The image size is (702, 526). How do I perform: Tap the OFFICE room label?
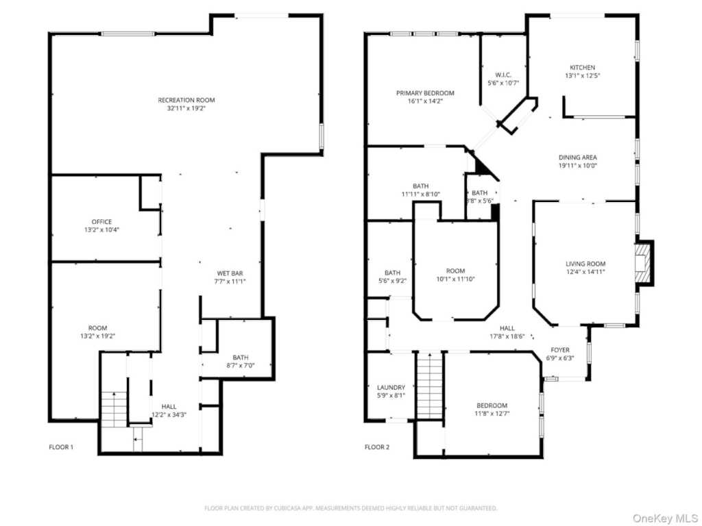101,222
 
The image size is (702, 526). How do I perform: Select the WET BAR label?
230,273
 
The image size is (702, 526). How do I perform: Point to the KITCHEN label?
582,68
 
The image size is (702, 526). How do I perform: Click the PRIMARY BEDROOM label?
425,93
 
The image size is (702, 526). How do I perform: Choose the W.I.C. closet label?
503,75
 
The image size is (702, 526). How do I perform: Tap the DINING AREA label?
577,158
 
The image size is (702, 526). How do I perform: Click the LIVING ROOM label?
585,264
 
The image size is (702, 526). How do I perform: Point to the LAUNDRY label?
391,388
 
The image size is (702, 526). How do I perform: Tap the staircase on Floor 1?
114,410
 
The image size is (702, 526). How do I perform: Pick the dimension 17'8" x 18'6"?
507,336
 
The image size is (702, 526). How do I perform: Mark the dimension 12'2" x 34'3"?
169,414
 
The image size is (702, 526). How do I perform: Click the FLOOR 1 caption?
61,447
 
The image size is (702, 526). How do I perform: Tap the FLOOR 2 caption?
376,447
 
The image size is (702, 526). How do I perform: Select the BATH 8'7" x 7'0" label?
240,358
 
